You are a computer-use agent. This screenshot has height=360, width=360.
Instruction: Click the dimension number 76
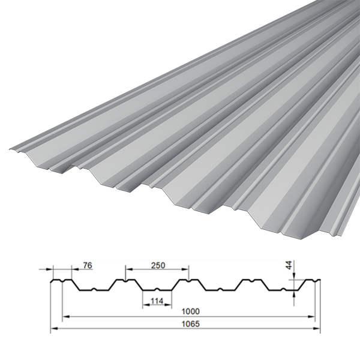(88, 265)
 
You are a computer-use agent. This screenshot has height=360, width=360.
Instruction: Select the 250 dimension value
(158, 265)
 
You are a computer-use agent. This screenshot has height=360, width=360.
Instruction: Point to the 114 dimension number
(157, 301)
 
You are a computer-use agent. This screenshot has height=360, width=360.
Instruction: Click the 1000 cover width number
(191, 311)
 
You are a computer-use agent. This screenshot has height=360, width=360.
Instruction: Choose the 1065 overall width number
(191, 324)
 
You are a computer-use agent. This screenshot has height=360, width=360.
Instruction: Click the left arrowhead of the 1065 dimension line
(53, 329)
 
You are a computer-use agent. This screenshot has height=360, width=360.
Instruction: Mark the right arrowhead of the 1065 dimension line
(317, 329)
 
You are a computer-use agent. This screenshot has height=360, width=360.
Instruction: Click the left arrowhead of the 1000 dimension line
(66, 317)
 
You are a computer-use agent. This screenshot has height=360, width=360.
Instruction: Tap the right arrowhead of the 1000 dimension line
(311, 317)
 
